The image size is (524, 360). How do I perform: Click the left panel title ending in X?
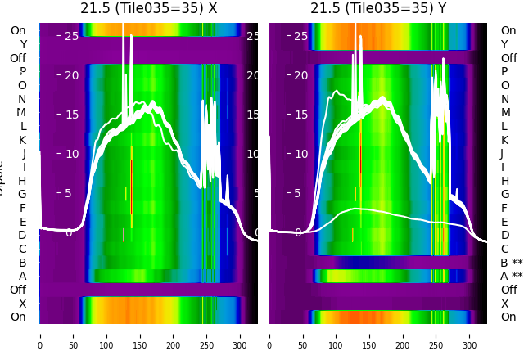pos(148,8)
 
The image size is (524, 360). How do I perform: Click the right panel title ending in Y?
pos(378,8)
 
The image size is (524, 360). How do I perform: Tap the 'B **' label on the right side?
pos(511,263)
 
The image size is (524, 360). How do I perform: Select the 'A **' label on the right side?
pos(511,276)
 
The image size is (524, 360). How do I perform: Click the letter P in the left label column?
pos(22,72)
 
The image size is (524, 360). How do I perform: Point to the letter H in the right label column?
pos(504,181)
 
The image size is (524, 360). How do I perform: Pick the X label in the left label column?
pos(22,304)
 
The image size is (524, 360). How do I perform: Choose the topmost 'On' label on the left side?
pos(18,30)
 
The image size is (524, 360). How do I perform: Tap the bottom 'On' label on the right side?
pos(508,317)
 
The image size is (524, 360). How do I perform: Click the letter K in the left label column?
pos(22,140)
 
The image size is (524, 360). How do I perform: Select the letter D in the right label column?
pos(504,236)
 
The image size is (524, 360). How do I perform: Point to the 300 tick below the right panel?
pos(471,335)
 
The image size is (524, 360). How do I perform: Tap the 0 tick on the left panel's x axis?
pos(39,335)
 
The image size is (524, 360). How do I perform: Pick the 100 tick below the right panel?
pos(337,335)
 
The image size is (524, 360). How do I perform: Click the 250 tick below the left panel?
pos(207,335)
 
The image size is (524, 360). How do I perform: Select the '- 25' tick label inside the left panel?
pos(68,36)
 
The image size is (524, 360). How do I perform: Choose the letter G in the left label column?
pos(22,194)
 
